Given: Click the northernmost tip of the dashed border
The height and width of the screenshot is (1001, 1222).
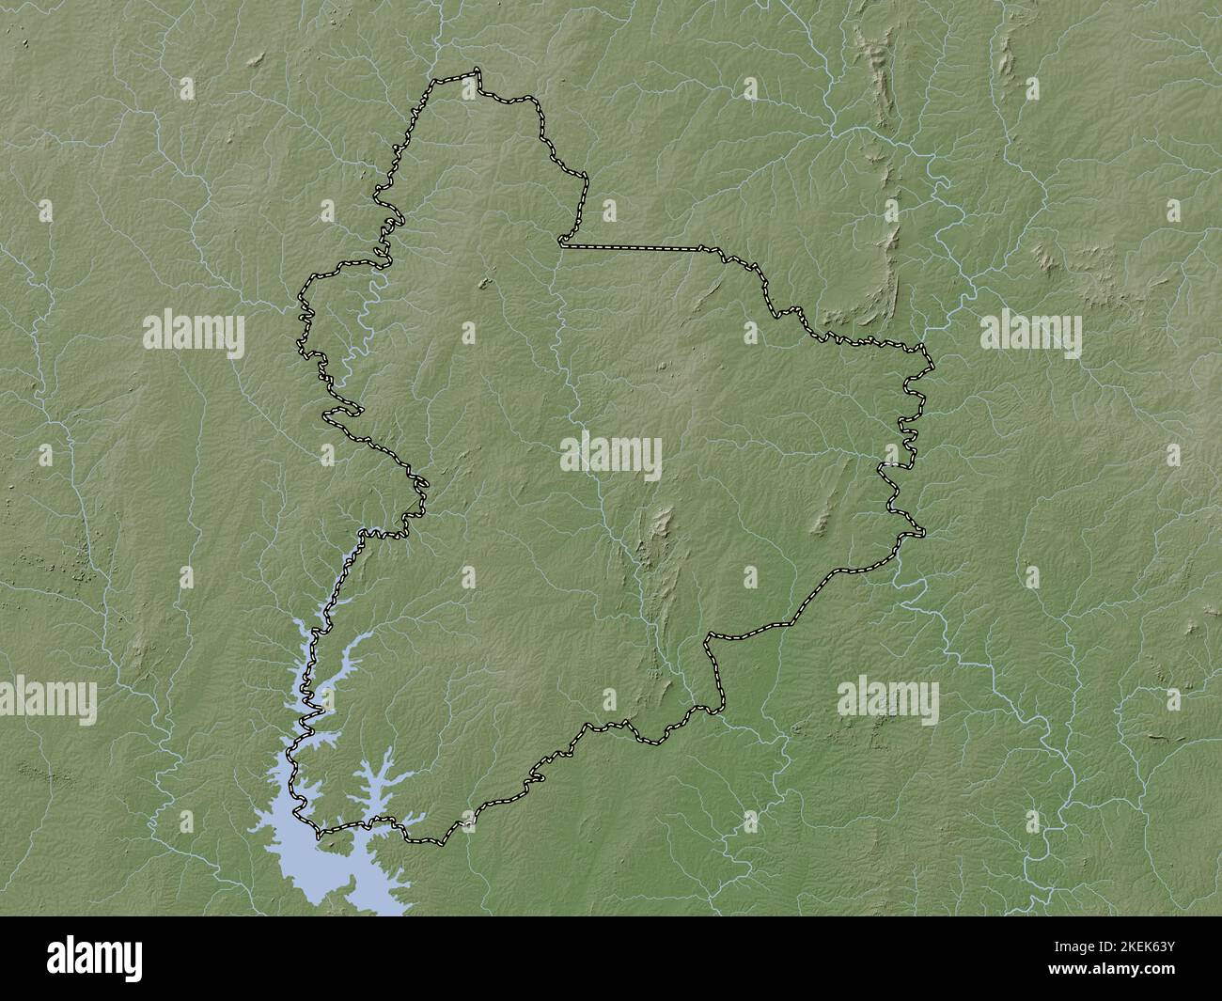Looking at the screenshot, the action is [478, 70].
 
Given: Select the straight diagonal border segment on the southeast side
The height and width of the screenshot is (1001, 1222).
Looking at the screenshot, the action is [827, 587].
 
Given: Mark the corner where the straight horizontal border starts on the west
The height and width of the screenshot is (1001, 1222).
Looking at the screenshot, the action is [561, 244].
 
